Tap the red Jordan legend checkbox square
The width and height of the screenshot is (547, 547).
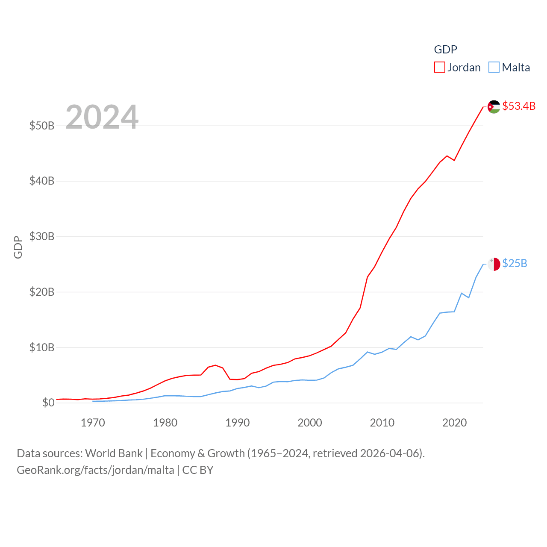click(440, 68)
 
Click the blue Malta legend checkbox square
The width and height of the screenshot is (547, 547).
click(494, 68)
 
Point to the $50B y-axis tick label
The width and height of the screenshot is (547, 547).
click(42, 126)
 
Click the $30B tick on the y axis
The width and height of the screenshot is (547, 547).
click(42, 236)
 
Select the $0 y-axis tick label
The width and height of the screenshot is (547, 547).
click(48, 403)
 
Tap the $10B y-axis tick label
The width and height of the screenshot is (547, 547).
click(42, 347)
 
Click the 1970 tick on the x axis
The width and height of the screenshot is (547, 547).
click(93, 423)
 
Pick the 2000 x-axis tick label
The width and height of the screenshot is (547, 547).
click(310, 423)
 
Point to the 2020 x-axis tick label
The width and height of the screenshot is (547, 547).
click(454, 423)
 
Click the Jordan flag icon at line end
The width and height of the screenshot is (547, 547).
click(494, 107)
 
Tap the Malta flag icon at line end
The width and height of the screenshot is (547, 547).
click(494, 264)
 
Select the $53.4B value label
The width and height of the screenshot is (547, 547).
click(519, 106)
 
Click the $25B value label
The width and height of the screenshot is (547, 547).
click(515, 263)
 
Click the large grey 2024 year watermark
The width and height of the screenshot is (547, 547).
click(102, 117)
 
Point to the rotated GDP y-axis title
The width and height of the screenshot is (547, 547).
click(18, 247)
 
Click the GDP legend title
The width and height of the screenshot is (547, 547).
click(446, 50)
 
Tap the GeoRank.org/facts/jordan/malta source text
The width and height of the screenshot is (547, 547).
click(95, 470)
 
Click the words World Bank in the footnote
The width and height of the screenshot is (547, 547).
click(114, 453)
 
